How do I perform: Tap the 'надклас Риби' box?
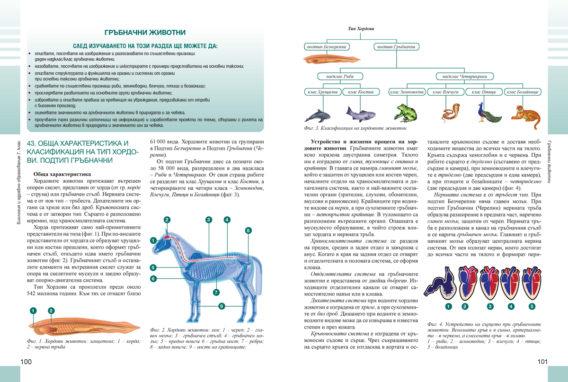coord(333,76)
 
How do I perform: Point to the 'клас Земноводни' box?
coord(406,92)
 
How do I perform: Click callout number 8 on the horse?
coord(248,231)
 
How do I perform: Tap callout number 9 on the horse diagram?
coord(221,305)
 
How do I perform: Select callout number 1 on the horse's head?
coord(153,240)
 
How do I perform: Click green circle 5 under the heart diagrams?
coord(532,306)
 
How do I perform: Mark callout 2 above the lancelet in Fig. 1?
coord(51,311)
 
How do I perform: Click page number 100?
coord(26,362)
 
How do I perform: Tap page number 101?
coord(542,362)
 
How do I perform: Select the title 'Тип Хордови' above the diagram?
coord(361,29)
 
